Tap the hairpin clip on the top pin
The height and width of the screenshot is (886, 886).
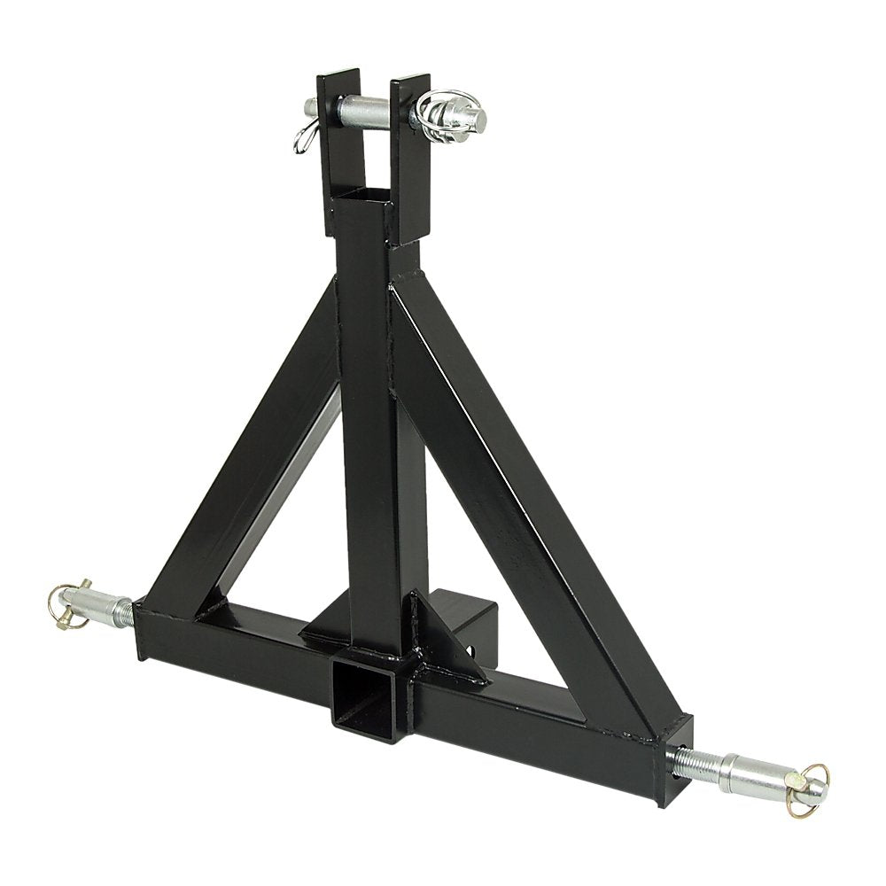(301, 137)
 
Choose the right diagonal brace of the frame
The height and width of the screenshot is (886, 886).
(514, 496)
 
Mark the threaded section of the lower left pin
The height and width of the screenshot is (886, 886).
(126, 610)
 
